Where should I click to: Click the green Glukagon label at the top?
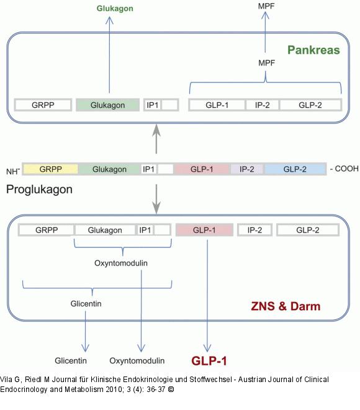115,9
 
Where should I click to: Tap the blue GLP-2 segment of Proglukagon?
295,169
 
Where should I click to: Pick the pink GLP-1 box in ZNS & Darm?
204,230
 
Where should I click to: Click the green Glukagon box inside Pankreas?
107,105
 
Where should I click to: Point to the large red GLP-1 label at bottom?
210,361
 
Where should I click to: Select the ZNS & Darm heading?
286,306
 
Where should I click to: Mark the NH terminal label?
13,171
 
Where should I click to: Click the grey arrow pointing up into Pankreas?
156,138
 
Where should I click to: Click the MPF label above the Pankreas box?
267,7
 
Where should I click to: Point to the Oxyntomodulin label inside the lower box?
121,262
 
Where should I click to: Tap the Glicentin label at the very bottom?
70,360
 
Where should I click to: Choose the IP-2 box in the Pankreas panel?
263,105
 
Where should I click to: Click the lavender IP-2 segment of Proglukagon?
247,169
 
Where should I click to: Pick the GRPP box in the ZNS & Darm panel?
47,230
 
